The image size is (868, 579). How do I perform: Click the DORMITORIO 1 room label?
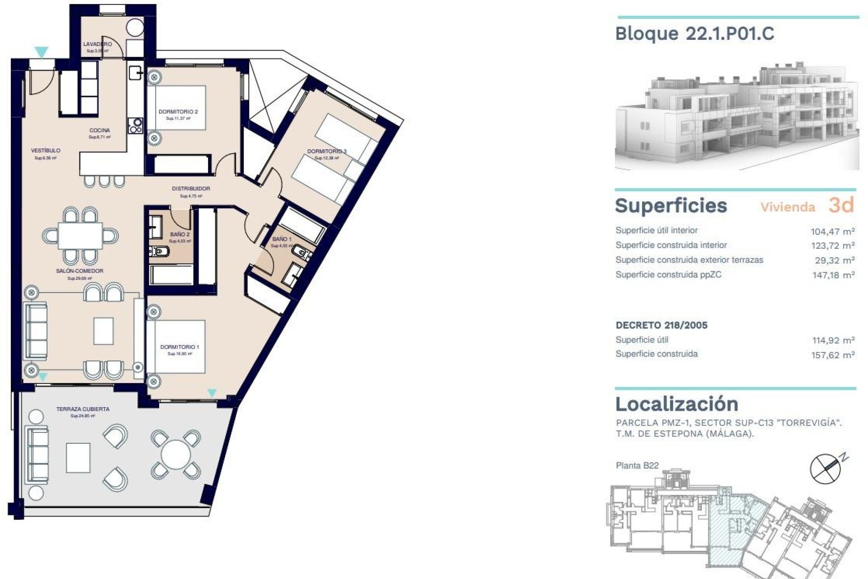[x=179, y=347]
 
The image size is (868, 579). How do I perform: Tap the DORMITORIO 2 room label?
[x=178, y=112]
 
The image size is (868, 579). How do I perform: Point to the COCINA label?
[x=99, y=130]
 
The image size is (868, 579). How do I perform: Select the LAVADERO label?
[x=97, y=44]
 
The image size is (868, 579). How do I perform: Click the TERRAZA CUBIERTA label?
[x=83, y=409]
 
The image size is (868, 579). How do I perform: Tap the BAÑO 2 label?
[x=180, y=234]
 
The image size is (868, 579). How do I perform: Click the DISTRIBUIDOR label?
[x=191, y=189]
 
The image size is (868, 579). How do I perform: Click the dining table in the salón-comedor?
[x=80, y=236]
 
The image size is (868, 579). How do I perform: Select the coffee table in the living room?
[x=104, y=331]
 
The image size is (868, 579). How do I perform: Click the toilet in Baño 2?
[x=159, y=251]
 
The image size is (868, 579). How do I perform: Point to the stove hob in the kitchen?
[x=136, y=125]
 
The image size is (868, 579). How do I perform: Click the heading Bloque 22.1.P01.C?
[x=694, y=33]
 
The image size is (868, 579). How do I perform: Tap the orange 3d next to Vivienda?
[x=841, y=205]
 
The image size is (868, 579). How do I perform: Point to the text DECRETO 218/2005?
[x=661, y=325]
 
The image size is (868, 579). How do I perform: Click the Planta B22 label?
[x=637, y=465]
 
